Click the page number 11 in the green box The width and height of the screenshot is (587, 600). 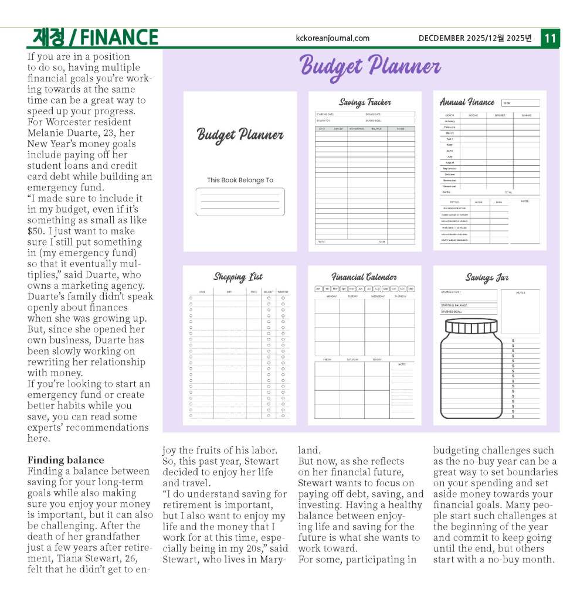click(x=550, y=38)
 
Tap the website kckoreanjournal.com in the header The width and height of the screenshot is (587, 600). click(x=333, y=38)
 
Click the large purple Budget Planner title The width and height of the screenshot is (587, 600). click(x=370, y=66)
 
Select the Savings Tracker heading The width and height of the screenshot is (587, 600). click(x=365, y=103)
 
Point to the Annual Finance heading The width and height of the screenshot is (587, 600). click(x=467, y=102)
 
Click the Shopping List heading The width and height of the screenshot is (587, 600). click(x=237, y=277)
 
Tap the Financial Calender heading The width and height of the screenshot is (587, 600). click(x=364, y=277)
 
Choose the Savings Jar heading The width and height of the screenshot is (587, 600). click(x=487, y=277)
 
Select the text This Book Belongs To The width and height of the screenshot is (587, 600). click(x=240, y=180)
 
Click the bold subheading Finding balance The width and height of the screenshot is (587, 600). click(x=66, y=460)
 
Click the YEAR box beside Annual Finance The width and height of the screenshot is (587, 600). click(x=520, y=103)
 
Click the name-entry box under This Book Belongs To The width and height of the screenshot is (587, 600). click(x=240, y=202)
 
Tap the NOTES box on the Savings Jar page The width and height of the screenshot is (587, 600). click(x=520, y=311)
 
